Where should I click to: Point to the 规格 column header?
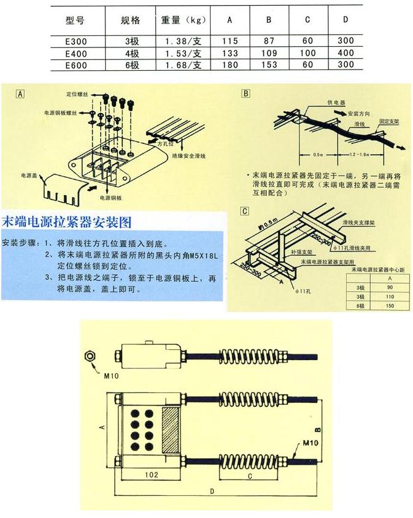[x=131, y=20]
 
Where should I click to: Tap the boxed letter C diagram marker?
[x=247, y=210]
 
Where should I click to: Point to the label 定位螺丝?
[x=74, y=93]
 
